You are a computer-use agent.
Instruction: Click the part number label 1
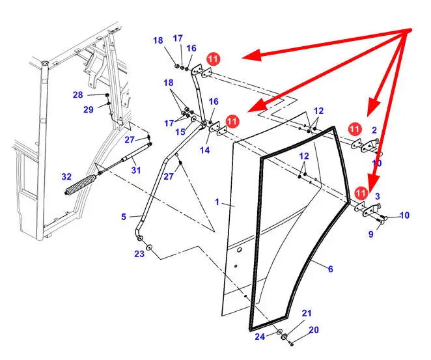[218, 202]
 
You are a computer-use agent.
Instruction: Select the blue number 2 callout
[374, 130]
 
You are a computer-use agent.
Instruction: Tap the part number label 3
[377, 196]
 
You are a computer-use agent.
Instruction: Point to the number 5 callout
[124, 217]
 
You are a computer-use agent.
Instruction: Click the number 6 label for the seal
[330, 269]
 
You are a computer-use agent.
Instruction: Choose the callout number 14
[204, 150]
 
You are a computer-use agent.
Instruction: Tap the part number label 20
[313, 330]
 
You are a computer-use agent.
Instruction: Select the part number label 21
[307, 313]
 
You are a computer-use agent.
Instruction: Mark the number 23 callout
[139, 255]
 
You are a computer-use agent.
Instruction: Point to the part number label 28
[78, 95]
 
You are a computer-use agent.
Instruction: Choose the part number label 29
[89, 109]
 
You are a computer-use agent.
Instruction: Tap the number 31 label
[135, 171]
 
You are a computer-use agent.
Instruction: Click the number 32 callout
[66, 176]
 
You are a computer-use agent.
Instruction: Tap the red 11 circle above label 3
[361, 192]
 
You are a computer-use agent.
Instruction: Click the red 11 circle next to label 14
[232, 121]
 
